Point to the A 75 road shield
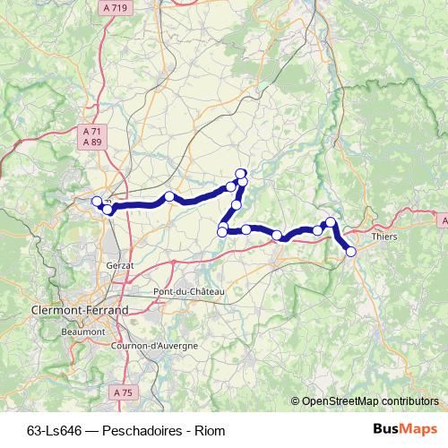click(x=122, y=392)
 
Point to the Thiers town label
click(x=383, y=237)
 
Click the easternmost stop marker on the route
click(x=351, y=253)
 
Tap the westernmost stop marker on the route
click(x=97, y=202)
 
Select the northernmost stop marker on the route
click(x=240, y=173)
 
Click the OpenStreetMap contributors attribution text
click(x=369, y=401)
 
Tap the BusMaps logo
click(x=406, y=429)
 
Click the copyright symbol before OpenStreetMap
click(x=297, y=401)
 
